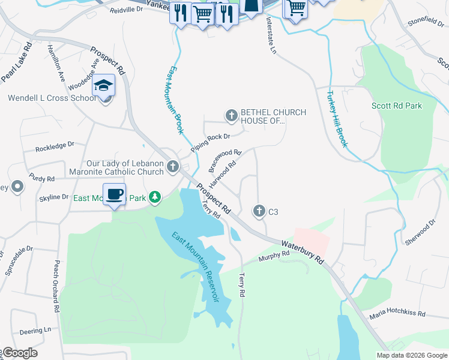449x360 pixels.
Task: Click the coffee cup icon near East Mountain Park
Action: click(x=114, y=194)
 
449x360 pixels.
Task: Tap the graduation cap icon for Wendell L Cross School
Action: click(x=104, y=86)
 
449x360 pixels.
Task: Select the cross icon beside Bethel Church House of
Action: click(x=231, y=115)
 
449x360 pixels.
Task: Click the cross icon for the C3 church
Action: click(x=259, y=211)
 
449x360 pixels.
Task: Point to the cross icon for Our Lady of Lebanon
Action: click(x=173, y=166)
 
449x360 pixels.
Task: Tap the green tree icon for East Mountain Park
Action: click(x=155, y=197)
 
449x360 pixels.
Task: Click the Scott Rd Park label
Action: click(x=396, y=106)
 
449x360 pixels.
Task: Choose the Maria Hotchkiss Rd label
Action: click(x=397, y=314)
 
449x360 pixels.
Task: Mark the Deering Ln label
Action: click(x=35, y=331)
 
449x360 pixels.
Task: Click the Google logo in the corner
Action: click(x=20, y=353)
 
